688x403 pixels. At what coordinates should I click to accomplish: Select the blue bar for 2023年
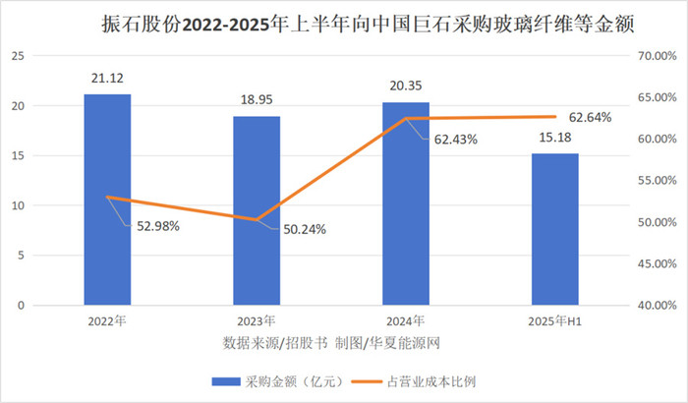(257, 210)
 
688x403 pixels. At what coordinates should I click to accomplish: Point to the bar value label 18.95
(257, 98)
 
